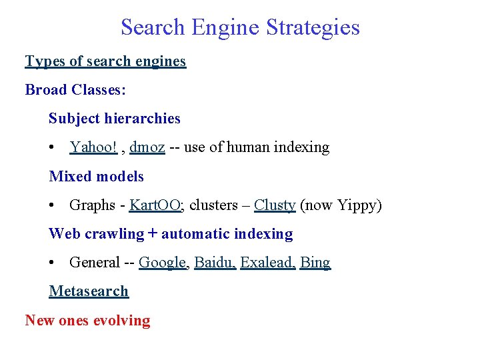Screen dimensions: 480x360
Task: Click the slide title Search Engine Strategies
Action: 240,27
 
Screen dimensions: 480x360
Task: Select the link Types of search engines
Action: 105,61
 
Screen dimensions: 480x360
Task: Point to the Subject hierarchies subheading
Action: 114,119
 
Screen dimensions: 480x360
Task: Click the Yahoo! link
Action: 93,147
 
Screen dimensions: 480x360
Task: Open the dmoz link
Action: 147,147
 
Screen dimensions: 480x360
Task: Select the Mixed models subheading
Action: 96,177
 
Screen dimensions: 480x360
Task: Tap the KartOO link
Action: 155,205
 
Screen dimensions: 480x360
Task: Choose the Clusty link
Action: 275,205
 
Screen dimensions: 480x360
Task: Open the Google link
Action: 163,263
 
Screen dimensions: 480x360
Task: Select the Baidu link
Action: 214,263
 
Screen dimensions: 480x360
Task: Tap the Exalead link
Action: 267,263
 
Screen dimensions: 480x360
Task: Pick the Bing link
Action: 315,263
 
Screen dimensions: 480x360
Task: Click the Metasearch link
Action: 89,291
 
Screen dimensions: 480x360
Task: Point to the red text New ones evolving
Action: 87,321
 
